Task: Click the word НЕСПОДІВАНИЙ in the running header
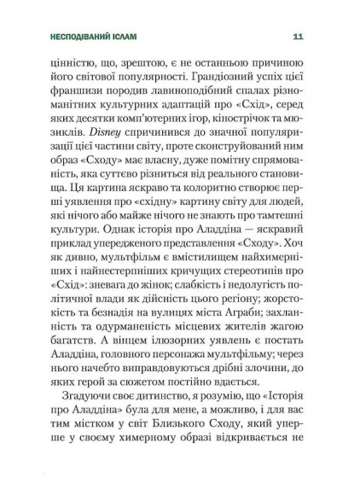pos(84,37)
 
